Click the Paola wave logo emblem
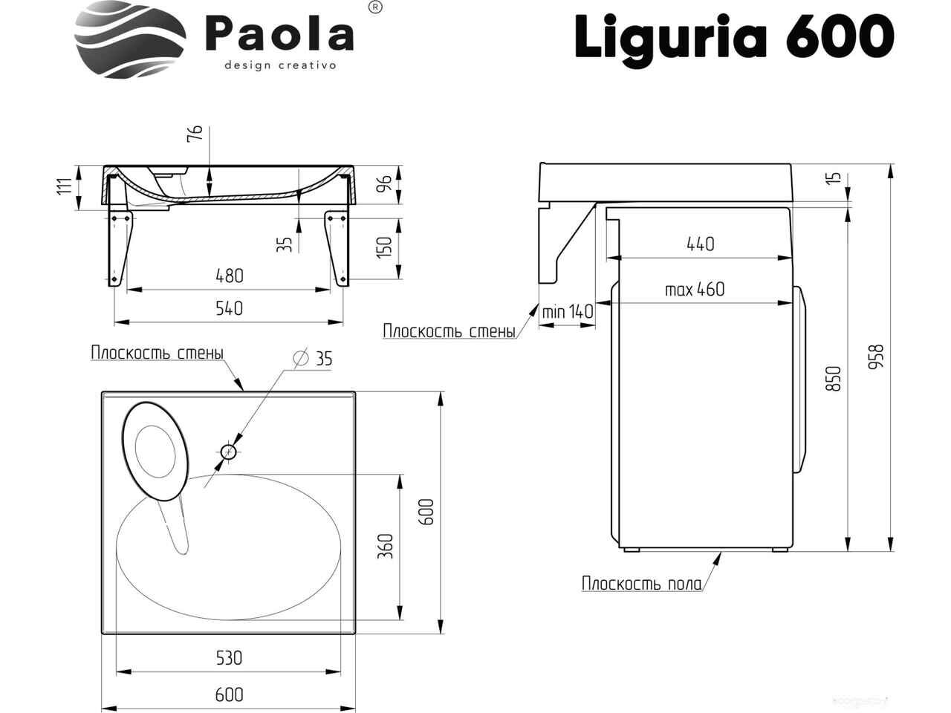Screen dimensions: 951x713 131,39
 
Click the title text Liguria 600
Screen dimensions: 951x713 734,38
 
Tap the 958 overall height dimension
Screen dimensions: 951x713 876,356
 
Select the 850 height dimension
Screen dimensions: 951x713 833,378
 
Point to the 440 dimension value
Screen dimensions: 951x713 701,244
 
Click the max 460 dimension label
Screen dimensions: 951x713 695,289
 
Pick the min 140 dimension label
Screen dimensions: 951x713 568,311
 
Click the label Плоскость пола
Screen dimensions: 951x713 642,584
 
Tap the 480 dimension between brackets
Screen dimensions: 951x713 230,276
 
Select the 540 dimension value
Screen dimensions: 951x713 229,308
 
